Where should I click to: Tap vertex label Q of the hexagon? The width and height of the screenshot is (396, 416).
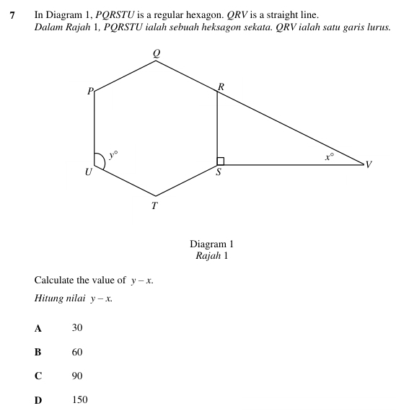(x=156, y=52)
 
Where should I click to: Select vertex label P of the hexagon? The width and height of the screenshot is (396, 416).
(x=89, y=92)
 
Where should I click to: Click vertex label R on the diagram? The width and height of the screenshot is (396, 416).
(x=221, y=87)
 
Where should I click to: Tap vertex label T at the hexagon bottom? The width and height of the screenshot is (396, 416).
(x=154, y=205)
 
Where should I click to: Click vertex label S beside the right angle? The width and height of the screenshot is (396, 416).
(x=219, y=173)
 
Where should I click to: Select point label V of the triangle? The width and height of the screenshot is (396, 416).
(x=369, y=165)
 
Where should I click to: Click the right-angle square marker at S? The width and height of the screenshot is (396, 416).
(x=221, y=161)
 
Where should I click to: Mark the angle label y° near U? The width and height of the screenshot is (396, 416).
(x=113, y=154)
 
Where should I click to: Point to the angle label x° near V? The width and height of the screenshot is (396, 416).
(x=328, y=155)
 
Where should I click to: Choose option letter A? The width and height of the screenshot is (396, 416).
(x=38, y=328)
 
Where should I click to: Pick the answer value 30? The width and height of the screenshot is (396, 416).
(x=77, y=328)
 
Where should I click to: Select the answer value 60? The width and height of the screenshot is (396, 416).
(x=77, y=353)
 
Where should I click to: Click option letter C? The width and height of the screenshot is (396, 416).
(x=38, y=376)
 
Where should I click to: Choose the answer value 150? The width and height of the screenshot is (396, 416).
(x=79, y=400)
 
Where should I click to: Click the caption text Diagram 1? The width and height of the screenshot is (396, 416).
(x=211, y=244)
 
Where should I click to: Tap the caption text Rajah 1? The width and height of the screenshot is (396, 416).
(x=211, y=255)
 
